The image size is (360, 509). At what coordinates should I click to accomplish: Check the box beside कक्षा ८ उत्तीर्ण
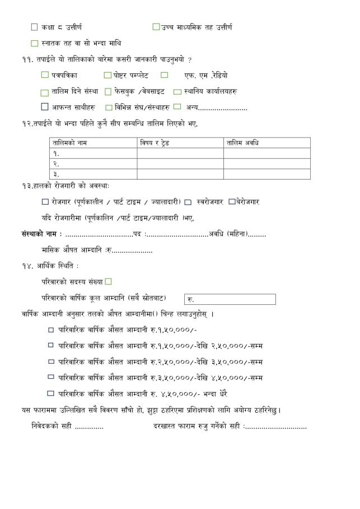click(x=35, y=27)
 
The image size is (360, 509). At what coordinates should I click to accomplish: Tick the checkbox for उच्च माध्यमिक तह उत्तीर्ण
click(x=156, y=27)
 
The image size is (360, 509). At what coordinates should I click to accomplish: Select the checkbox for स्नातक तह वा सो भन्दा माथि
click(x=35, y=43)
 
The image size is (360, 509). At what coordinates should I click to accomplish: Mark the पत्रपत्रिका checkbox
click(x=45, y=75)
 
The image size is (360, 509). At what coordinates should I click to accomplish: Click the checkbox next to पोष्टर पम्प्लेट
click(x=107, y=75)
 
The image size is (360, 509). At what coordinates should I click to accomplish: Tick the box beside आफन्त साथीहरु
click(x=45, y=107)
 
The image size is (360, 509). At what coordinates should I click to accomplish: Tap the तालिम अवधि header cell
click(x=243, y=143)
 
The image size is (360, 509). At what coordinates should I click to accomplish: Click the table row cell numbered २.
click(x=93, y=164)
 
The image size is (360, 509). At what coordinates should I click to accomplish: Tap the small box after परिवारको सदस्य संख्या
click(x=109, y=281)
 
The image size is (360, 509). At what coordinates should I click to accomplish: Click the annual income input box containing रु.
click(x=230, y=299)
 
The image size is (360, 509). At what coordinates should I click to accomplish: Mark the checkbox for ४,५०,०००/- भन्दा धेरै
click(x=51, y=393)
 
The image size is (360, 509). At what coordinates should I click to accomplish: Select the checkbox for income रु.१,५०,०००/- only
click(x=51, y=330)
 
